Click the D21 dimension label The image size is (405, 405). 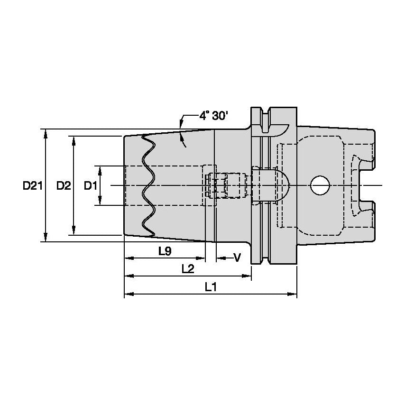click(x=33, y=186)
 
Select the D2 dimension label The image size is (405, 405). click(x=63, y=186)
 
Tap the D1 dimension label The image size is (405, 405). click(x=91, y=186)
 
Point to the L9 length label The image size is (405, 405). click(x=165, y=252)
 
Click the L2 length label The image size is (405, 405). click(x=188, y=269)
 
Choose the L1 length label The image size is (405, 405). click(x=211, y=287)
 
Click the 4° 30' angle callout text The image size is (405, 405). click(x=213, y=116)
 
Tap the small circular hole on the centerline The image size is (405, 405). click(x=320, y=185)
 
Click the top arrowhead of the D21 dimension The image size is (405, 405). click(x=46, y=133)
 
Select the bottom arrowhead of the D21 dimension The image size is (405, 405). click(x=46, y=238)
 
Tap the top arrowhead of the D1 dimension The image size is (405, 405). click(x=100, y=170)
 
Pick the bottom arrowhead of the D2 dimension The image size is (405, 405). click(x=74, y=231)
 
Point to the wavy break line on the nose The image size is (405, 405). click(x=149, y=185)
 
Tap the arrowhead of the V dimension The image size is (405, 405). click(x=220, y=258)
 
